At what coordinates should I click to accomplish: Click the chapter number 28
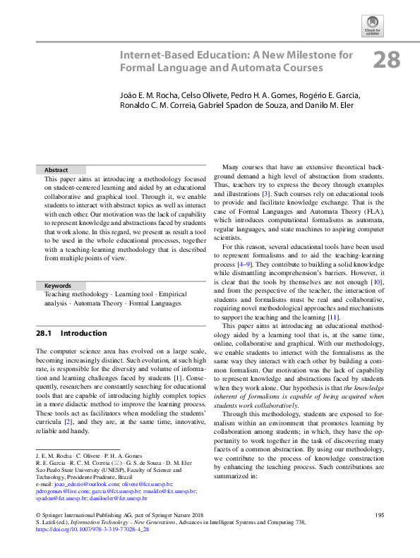[x=386, y=60]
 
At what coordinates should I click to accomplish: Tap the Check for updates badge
[x=371, y=25]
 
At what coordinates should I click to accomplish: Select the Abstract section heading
[x=56, y=170]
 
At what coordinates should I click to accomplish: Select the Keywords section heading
[x=59, y=286]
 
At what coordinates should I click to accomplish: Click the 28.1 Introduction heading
[x=71, y=333]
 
